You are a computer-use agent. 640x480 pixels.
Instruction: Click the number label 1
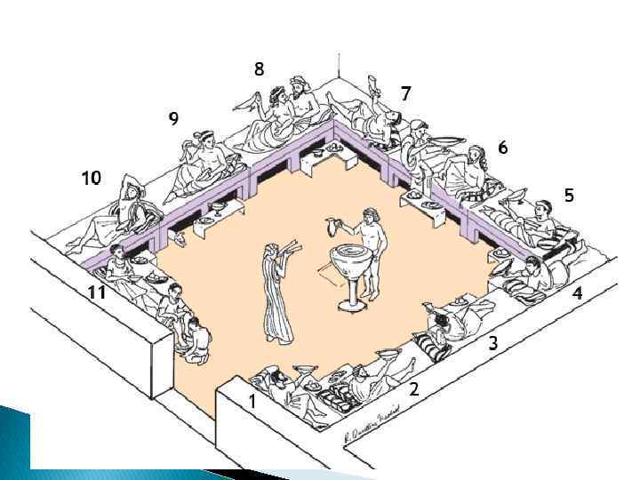point(252,402)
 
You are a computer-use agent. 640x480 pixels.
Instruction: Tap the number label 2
point(413,388)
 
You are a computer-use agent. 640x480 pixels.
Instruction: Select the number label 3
point(492,344)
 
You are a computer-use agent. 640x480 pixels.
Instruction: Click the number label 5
point(569,195)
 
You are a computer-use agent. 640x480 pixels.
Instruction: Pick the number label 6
point(503,148)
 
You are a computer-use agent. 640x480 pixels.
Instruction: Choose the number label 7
point(405,92)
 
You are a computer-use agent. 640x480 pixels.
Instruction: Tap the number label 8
point(259,68)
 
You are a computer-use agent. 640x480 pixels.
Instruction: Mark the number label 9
point(173,119)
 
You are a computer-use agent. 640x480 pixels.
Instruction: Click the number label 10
point(91,178)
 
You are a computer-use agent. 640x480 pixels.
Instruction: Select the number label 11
point(98,292)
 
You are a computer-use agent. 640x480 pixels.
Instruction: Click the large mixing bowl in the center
point(348,262)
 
